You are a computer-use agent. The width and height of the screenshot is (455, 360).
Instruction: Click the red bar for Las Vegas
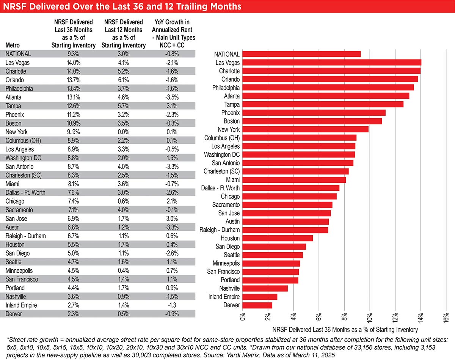tap(332, 63)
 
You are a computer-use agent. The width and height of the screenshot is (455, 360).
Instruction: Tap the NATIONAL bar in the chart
tap(301, 54)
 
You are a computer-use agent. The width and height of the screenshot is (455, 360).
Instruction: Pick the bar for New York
tap(306, 129)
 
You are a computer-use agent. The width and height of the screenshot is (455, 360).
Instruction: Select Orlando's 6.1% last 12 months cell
tap(123, 80)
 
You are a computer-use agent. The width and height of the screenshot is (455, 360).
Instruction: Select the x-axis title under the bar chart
tap(345, 330)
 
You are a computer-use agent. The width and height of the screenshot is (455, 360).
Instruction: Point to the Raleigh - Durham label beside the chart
tap(220, 230)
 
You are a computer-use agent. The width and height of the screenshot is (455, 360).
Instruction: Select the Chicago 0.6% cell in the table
tap(123, 201)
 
